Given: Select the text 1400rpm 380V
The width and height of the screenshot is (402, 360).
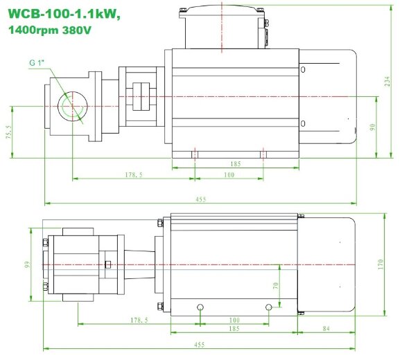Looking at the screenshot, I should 51,30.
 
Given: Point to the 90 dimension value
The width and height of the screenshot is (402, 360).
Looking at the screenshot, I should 372,127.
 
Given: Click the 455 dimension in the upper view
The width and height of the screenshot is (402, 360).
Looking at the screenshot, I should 200,199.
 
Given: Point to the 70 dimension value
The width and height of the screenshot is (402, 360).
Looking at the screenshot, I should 275,285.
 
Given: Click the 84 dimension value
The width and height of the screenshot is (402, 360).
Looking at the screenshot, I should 326,328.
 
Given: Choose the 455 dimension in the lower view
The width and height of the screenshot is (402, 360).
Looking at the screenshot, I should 200,343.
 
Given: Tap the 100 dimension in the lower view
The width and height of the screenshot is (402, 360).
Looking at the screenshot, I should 234,320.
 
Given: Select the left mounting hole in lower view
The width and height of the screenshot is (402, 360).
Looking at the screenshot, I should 200,307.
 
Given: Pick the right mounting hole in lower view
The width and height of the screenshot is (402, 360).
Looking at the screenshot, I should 268,307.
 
